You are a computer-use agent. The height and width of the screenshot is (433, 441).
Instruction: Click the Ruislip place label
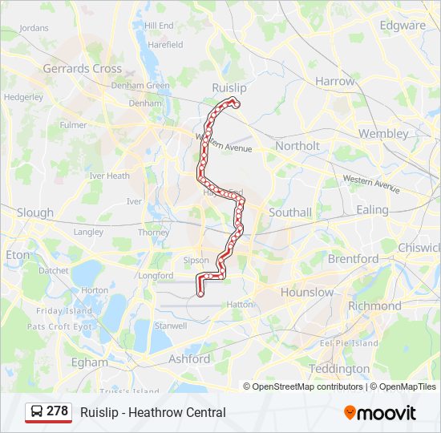pos(229,87)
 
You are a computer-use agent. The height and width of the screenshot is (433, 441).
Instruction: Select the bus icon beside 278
pos(37,411)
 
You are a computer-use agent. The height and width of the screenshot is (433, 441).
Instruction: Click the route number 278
pos(57,411)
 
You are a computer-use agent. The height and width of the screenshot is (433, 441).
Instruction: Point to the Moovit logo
pos(380,412)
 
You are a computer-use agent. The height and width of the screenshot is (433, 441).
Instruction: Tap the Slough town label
pos(34,212)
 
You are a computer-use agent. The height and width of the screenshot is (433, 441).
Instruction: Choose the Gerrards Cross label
pos(82,69)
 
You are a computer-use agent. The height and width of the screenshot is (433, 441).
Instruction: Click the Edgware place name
pos(403,25)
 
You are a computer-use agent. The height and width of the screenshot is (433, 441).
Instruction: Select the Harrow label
pos(334,81)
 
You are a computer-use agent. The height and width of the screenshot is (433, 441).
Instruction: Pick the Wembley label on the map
pos(382,133)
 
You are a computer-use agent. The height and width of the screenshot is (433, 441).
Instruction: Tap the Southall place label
pos(290,212)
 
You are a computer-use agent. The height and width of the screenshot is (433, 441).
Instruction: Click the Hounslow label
pos(306,292)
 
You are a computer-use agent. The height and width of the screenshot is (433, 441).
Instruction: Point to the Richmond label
pos(374,306)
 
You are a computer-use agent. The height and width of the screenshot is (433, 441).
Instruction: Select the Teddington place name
pos(339,369)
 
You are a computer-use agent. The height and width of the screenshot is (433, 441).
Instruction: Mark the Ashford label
pos(189,359)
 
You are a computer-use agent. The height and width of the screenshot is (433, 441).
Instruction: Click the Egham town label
pos(89,362)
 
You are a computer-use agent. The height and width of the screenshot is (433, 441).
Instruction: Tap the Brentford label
pos(353,259)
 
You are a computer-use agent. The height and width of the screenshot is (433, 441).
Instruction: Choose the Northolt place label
pos(297,146)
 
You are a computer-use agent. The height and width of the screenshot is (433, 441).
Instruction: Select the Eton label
pos(17,255)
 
